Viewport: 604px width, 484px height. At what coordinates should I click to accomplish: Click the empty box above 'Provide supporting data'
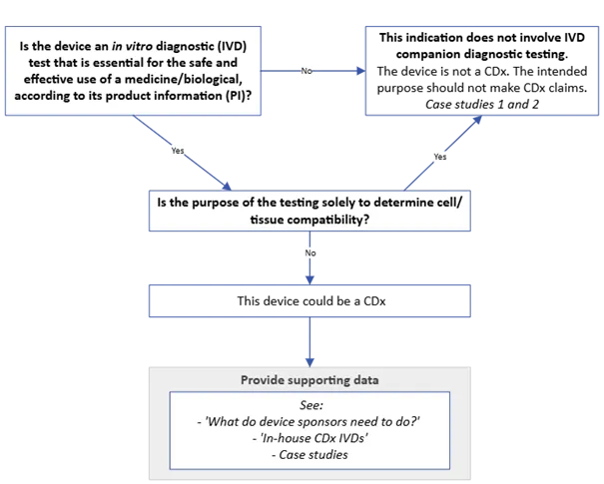[x=307, y=300]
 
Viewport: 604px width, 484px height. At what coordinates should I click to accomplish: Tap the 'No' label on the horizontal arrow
[x=306, y=72]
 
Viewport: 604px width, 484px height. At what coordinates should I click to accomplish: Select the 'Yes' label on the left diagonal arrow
[x=179, y=151]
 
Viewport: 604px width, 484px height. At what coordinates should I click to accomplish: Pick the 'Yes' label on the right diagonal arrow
[x=439, y=156]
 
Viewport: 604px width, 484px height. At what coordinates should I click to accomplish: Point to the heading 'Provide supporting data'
[x=307, y=380]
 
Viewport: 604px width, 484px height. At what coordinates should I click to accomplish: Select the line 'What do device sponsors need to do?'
[x=309, y=423]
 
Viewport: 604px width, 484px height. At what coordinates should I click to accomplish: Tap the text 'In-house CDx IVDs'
[x=308, y=439]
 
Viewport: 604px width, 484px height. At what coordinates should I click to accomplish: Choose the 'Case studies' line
[x=308, y=455]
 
